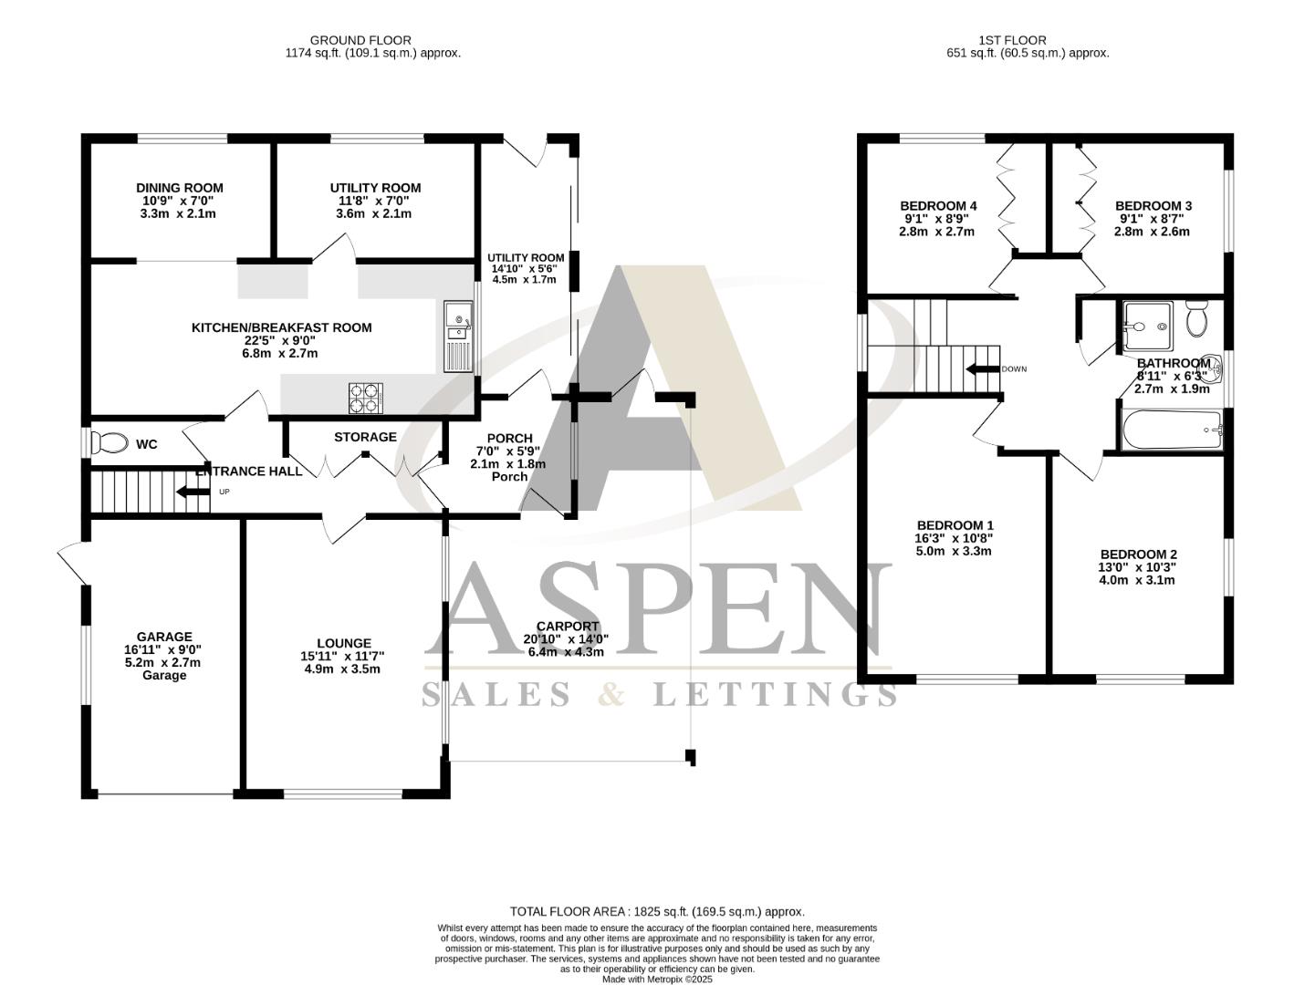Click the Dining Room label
[x=179, y=188]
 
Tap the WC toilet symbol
[x=110, y=443]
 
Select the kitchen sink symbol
[x=457, y=336]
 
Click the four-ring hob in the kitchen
[x=366, y=398]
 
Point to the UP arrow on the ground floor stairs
[x=193, y=493]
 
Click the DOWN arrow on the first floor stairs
[x=982, y=369]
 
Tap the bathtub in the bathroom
[x=1172, y=430]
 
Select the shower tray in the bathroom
[x=1147, y=325]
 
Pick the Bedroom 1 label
[x=955, y=525]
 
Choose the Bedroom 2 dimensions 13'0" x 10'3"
[x=1138, y=566]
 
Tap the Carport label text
[x=567, y=626]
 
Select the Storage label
[x=365, y=437]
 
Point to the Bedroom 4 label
[x=938, y=205]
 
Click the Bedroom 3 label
[x=1153, y=205]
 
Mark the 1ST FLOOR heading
[x=1012, y=40]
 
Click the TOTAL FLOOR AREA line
[x=657, y=911]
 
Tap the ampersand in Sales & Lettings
[x=612, y=695]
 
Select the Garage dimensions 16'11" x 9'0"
[x=163, y=649]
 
